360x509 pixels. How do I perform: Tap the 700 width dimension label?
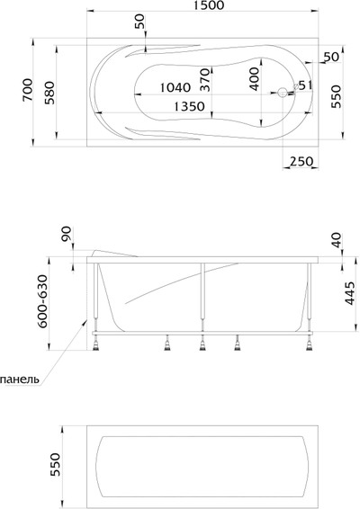pyautogui.click(x=28, y=90)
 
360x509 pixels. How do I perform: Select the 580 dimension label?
pyautogui.click(x=49, y=93)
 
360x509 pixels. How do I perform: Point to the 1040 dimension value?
pyautogui.click(x=175, y=87)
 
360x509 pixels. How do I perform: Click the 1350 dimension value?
pyautogui.click(x=189, y=106)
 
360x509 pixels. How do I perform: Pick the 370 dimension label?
pyautogui.click(x=204, y=80)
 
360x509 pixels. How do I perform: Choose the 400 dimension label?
pyautogui.click(x=255, y=79)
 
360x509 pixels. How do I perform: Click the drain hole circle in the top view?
pyautogui.click(x=283, y=93)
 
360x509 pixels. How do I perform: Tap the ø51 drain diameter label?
pyautogui.click(x=302, y=85)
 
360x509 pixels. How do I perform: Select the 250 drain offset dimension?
pyautogui.click(x=301, y=161)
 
